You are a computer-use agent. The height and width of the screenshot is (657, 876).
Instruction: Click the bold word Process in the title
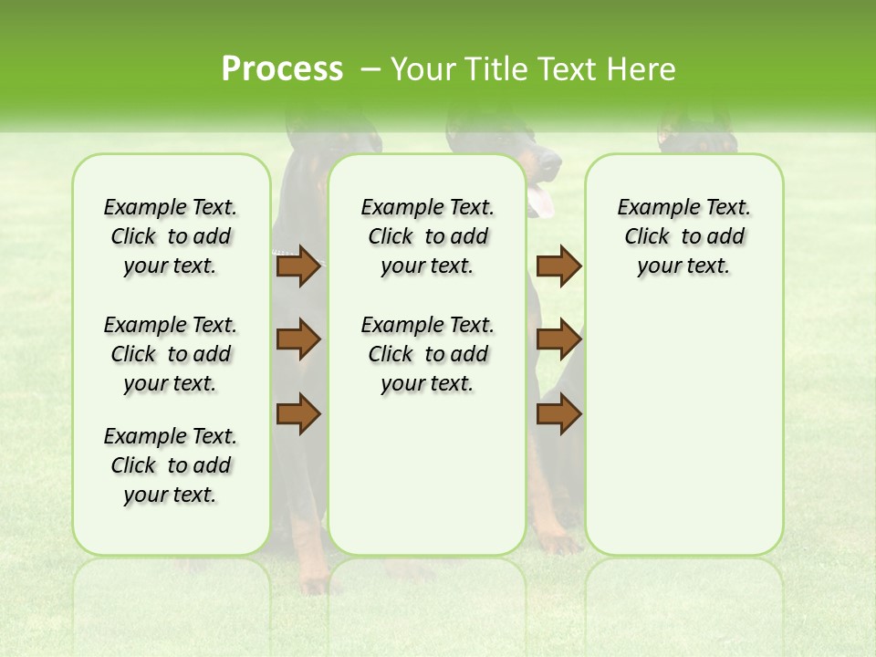(x=282, y=69)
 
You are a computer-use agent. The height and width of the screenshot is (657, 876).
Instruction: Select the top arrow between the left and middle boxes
(x=298, y=266)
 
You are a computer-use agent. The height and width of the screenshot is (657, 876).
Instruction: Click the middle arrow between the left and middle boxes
(x=298, y=339)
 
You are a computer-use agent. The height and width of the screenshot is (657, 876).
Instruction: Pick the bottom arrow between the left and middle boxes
(x=298, y=413)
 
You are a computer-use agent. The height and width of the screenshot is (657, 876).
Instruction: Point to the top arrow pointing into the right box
(x=558, y=266)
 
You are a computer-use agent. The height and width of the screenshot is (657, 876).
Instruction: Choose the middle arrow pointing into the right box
(x=558, y=339)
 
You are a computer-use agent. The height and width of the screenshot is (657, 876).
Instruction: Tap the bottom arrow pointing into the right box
(x=558, y=413)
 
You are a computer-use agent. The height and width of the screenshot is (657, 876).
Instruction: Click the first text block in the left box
(x=170, y=236)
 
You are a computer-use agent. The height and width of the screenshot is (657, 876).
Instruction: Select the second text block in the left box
(x=170, y=354)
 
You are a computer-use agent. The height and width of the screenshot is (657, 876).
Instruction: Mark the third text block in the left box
(x=170, y=465)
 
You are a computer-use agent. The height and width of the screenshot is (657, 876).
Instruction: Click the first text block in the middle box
(x=427, y=236)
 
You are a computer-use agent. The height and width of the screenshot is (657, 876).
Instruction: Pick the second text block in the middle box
(x=427, y=354)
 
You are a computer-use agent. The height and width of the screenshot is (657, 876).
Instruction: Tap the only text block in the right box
(x=683, y=236)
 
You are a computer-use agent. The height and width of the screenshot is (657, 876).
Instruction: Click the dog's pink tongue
(x=541, y=200)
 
